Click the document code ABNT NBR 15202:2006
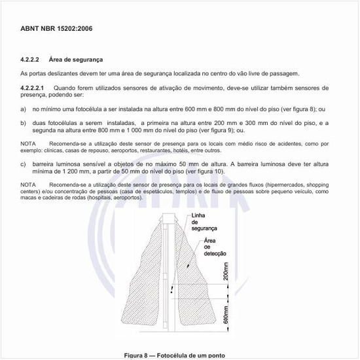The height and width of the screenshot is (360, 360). pyautogui.click(x=57, y=29)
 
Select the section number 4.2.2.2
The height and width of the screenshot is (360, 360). pyautogui.click(x=31, y=60)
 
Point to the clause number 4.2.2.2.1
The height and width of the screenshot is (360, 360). pyautogui.click(x=33, y=88)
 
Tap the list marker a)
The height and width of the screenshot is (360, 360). pyautogui.click(x=24, y=109)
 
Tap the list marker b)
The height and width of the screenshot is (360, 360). pyautogui.click(x=24, y=123)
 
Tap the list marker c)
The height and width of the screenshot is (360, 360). pyautogui.click(x=24, y=164)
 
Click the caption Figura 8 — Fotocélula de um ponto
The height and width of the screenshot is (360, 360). pyautogui.click(x=179, y=355)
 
